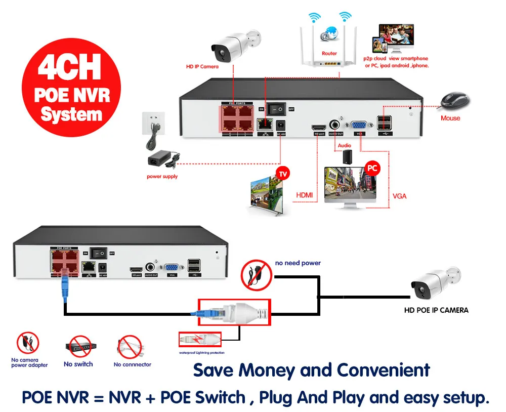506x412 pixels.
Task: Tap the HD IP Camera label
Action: tap(202, 66)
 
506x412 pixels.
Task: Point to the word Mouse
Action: tap(450, 118)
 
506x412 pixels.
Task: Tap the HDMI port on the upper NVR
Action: tap(319, 126)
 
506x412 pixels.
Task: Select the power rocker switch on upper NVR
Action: tap(276, 109)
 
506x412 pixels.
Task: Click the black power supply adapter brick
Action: tap(159, 161)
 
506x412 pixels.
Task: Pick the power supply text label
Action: tap(162, 177)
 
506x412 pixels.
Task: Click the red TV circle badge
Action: tap(283, 174)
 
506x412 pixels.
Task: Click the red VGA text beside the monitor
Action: tap(399, 196)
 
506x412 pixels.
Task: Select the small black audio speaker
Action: tap(347, 155)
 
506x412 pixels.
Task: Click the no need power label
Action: tap(298, 263)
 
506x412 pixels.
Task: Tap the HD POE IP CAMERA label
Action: tap(436, 310)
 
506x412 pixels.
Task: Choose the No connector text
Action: tap(132, 364)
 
